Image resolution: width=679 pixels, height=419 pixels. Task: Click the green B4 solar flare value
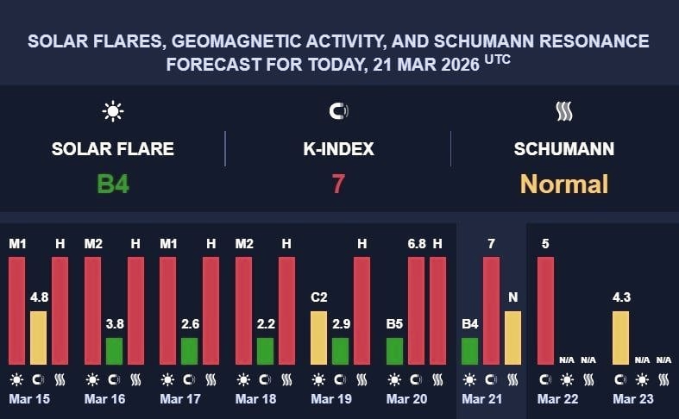tap(113, 184)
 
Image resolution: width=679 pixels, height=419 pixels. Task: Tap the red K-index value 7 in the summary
tap(338, 184)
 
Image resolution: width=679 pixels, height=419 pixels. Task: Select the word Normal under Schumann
tap(564, 184)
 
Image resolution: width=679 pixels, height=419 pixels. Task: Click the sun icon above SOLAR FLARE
tap(113, 111)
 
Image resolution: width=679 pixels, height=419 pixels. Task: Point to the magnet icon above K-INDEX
tap(338, 111)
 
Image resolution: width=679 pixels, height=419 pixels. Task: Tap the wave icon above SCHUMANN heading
tap(564, 111)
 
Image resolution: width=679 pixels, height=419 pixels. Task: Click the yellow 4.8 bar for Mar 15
tap(38, 337)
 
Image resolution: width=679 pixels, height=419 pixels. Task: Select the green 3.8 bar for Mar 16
tap(114, 350)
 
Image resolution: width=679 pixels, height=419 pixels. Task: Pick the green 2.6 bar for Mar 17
tap(189, 350)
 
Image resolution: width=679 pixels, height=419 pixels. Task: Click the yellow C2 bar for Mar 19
tap(318, 337)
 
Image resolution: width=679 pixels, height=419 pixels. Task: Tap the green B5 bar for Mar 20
tap(394, 350)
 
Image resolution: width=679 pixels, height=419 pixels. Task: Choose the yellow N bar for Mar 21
tap(512, 337)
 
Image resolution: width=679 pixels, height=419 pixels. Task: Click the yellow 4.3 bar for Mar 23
tap(620, 337)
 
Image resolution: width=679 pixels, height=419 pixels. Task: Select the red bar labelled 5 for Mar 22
tap(545, 310)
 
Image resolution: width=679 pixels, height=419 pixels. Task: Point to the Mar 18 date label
tap(257, 399)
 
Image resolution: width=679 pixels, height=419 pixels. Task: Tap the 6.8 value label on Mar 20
tap(417, 244)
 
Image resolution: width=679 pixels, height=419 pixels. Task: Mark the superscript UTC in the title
tap(497, 59)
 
